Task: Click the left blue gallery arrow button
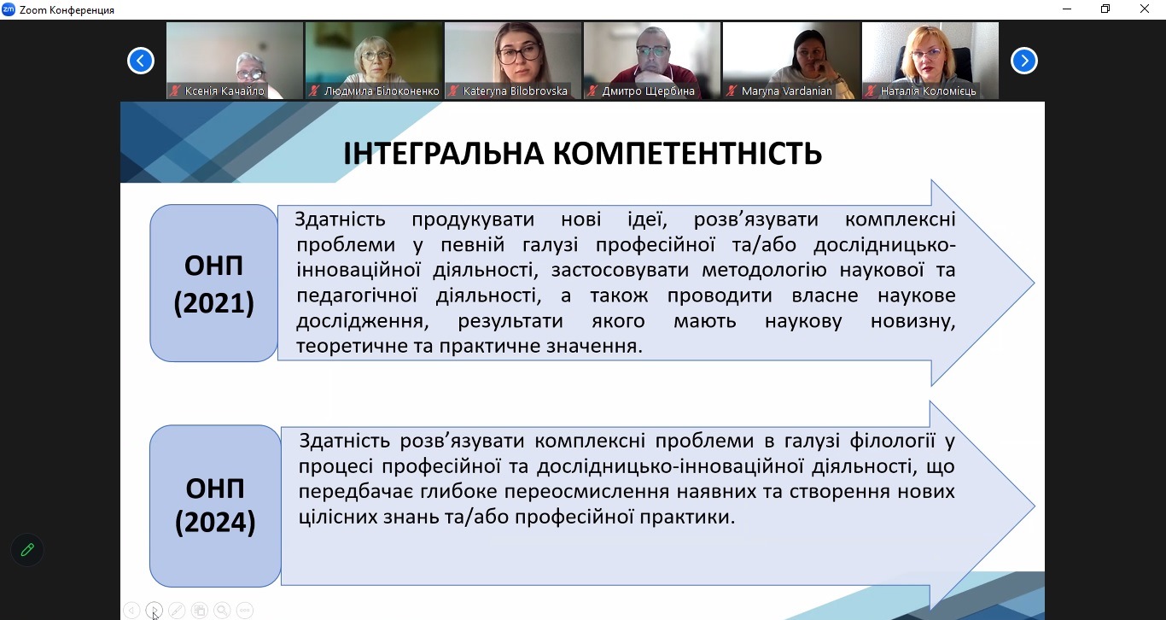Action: (141, 61)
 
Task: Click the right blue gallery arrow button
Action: (1023, 61)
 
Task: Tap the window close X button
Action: (1145, 9)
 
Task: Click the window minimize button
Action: (1067, 9)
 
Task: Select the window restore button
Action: (1105, 9)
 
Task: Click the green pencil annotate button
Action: (27, 550)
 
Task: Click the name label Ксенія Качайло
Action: (224, 91)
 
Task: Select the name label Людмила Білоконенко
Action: (382, 91)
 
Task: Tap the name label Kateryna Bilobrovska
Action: (515, 91)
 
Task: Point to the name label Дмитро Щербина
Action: (648, 91)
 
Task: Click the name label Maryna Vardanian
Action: (786, 91)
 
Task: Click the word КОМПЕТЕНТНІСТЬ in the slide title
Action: (686, 154)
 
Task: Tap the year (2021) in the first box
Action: (214, 305)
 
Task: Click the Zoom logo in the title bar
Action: (9, 9)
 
